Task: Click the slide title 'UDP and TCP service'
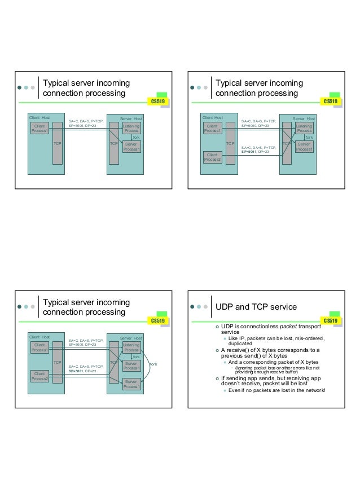click(x=256, y=307)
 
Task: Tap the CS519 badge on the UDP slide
click(x=330, y=321)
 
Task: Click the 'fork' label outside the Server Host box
click(x=153, y=364)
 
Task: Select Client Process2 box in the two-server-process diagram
click(x=39, y=376)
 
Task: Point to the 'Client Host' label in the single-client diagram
click(x=39, y=118)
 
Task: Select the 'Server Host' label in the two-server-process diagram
click(x=131, y=337)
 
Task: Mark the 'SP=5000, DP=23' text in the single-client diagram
click(x=82, y=125)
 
